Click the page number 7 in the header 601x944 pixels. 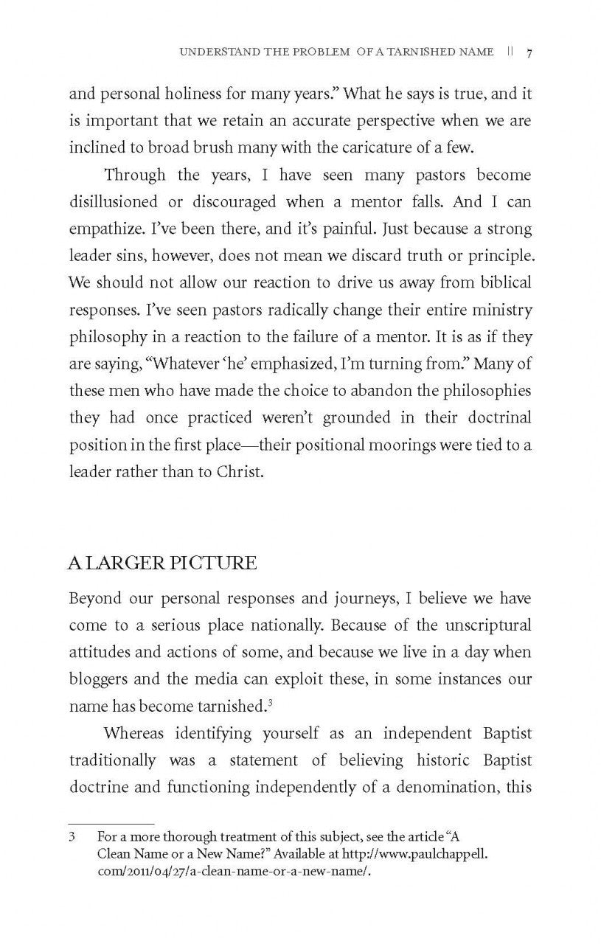530,53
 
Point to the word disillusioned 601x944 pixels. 117,202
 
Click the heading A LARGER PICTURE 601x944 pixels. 162,564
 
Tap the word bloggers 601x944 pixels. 98,680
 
